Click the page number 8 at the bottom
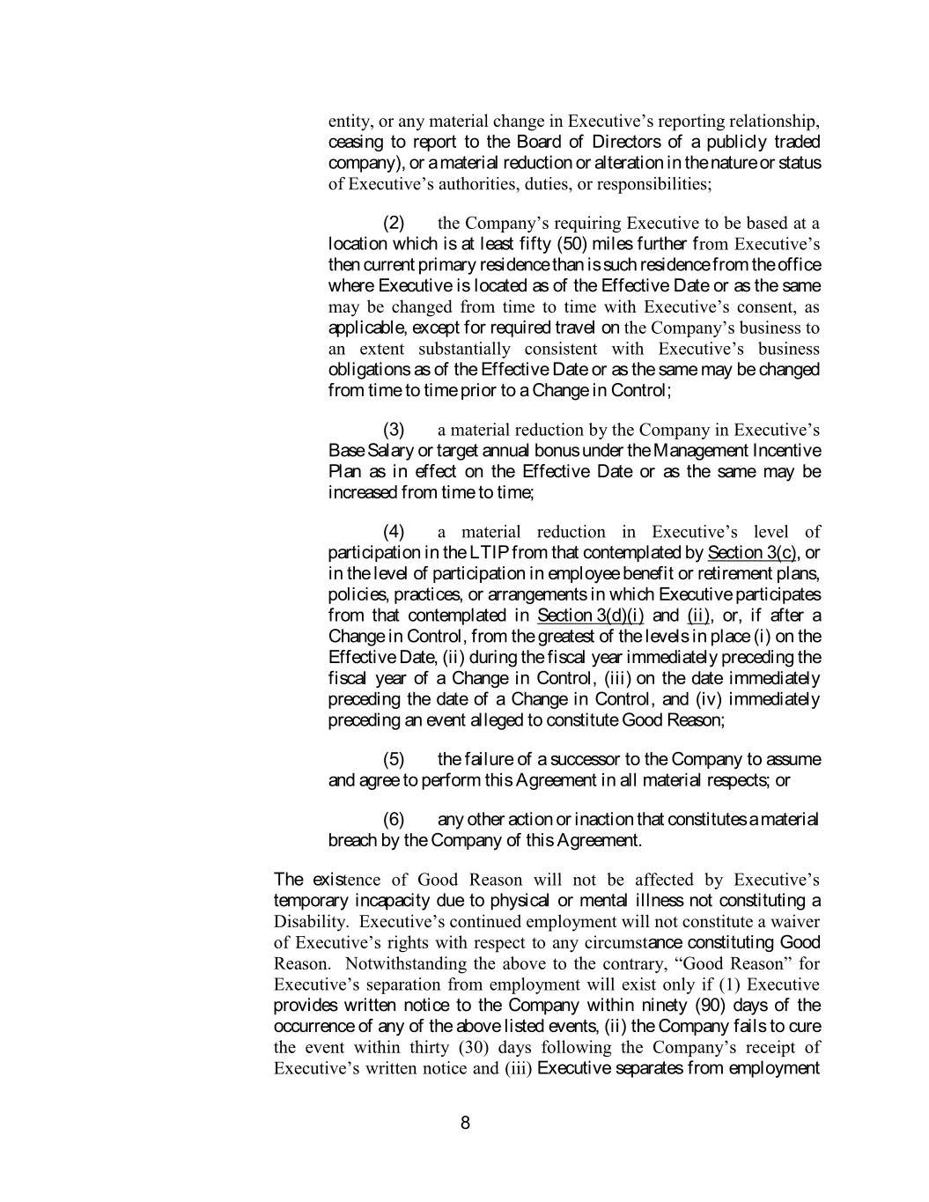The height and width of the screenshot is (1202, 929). (465, 1123)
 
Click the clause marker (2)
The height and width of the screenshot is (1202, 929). (394, 223)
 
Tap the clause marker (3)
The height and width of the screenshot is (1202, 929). (394, 430)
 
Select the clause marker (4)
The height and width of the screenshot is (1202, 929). (394, 532)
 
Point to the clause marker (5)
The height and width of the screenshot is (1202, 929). (394, 759)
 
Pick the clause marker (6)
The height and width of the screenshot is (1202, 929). (394, 820)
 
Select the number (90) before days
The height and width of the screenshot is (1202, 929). (712, 1006)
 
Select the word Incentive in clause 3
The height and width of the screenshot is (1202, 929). (784, 451)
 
